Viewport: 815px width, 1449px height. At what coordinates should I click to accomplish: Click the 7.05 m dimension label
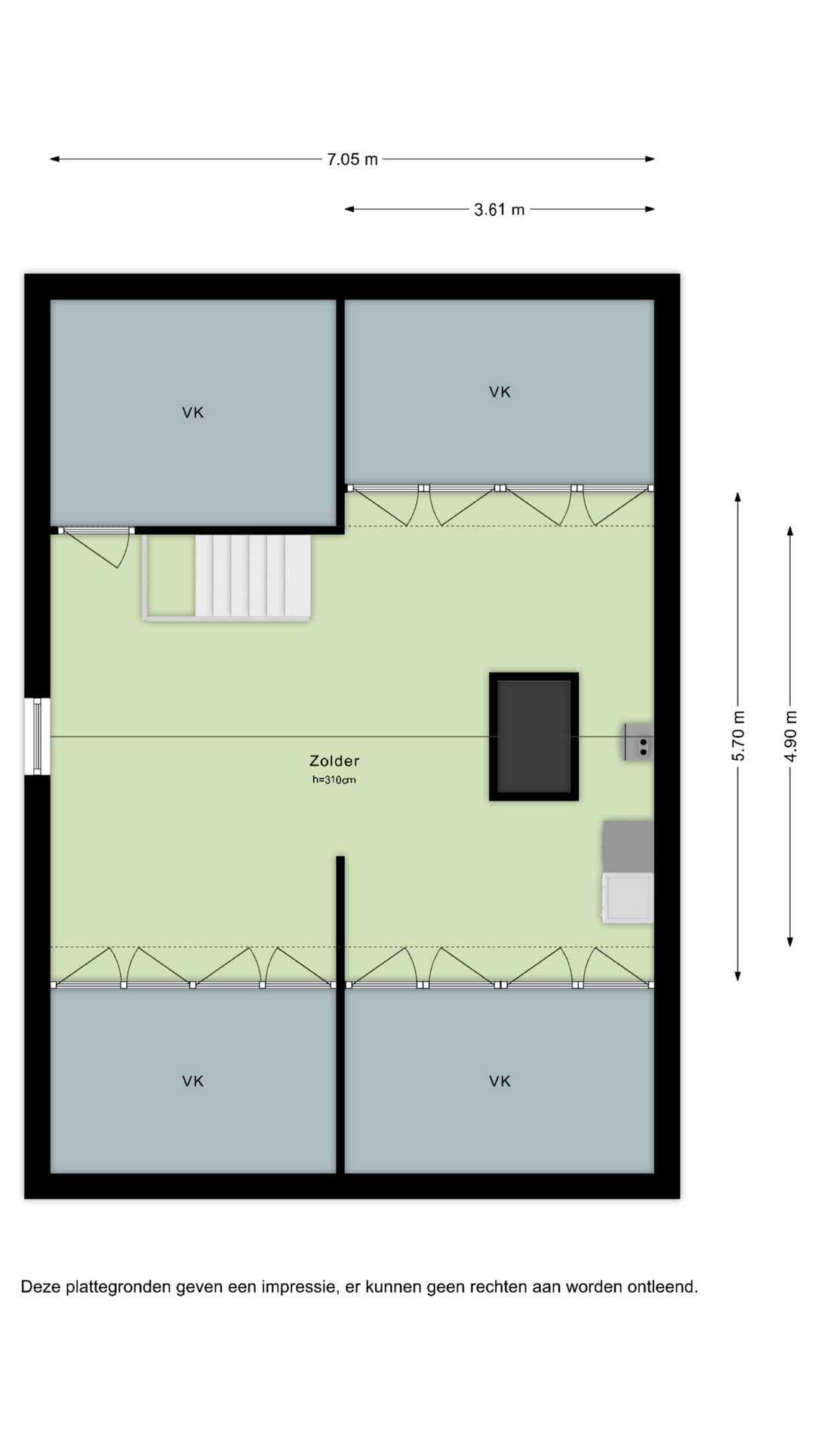tap(352, 159)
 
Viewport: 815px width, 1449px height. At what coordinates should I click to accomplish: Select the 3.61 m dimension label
tap(500, 210)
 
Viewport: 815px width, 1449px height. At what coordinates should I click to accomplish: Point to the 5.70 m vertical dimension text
tap(739, 736)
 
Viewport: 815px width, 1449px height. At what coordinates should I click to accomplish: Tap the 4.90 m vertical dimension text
tap(791, 736)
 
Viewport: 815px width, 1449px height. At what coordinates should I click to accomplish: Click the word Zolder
tap(334, 761)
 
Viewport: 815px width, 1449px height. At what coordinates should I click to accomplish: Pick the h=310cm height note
tap(334, 780)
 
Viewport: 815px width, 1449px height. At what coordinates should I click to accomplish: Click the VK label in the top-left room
tap(193, 412)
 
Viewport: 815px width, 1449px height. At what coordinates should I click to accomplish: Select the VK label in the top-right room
tap(500, 392)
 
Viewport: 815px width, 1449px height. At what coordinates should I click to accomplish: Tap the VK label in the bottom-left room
tap(193, 1081)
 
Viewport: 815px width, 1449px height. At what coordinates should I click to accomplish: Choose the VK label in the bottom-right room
tap(500, 1081)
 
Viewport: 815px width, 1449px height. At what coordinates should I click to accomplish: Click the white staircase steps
tap(253, 576)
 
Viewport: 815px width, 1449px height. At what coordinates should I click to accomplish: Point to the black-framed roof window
tap(534, 737)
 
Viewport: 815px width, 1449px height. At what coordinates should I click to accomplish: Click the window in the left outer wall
tap(37, 737)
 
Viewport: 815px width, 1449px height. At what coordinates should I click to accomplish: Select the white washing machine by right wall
tap(628, 898)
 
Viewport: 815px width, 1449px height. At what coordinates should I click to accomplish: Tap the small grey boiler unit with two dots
tap(638, 742)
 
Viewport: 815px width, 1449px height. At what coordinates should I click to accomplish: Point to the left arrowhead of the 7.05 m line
tap(54, 159)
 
